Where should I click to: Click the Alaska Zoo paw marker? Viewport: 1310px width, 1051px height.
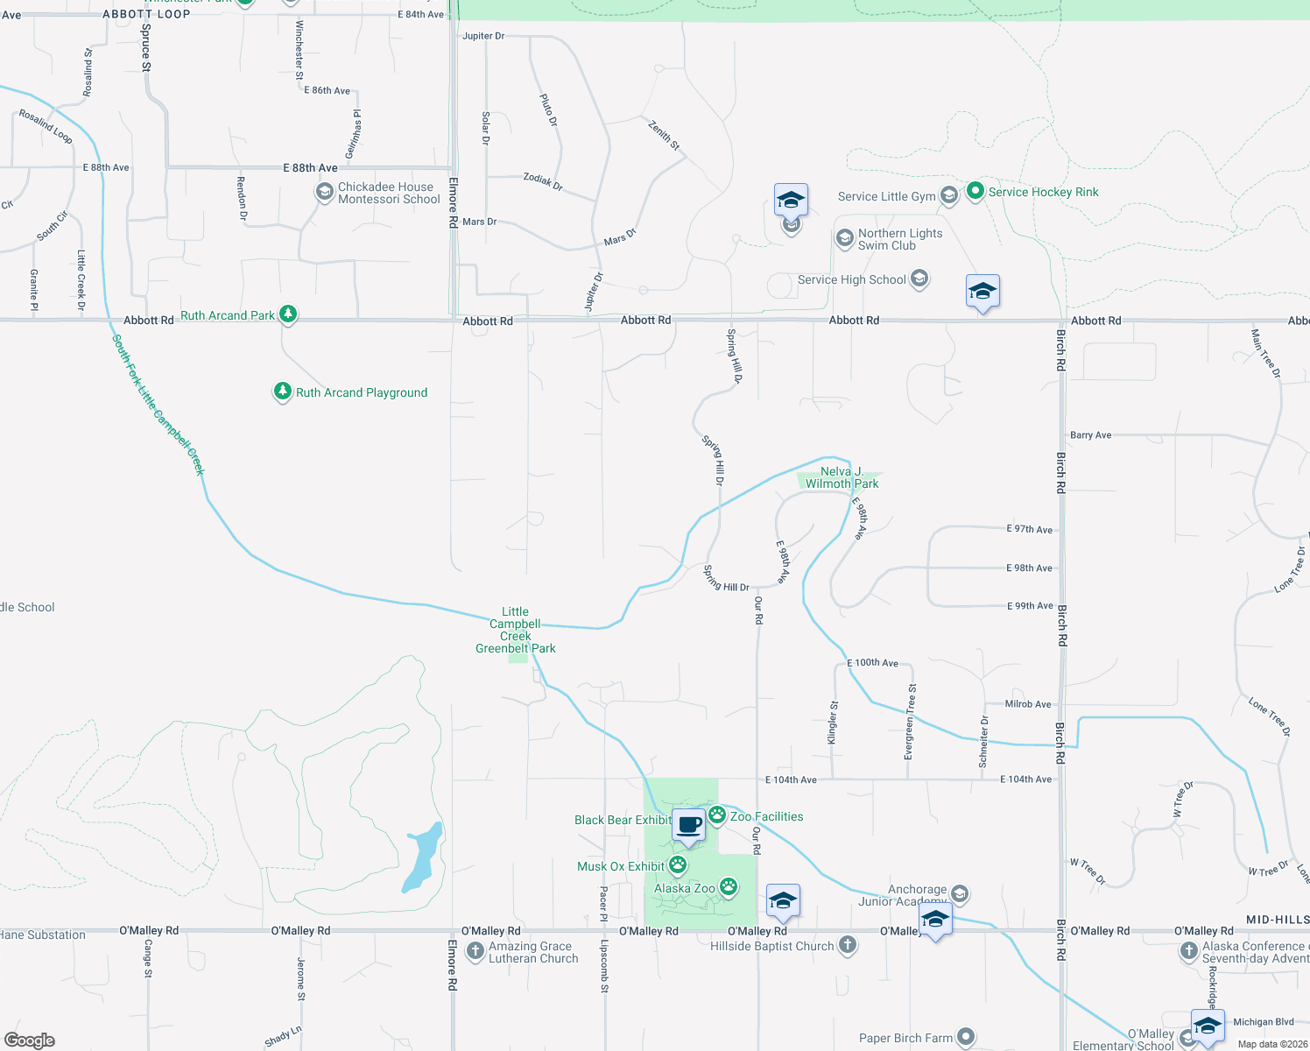pyautogui.click(x=729, y=887)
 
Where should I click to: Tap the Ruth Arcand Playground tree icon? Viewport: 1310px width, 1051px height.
pyautogui.click(x=282, y=391)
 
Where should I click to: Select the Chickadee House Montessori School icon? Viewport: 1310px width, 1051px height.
pyautogui.click(x=325, y=192)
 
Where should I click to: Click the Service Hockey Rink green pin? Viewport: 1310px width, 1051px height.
pyautogui.click(x=975, y=191)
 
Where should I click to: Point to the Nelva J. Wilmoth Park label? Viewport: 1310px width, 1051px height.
pyautogui.click(x=842, y=477)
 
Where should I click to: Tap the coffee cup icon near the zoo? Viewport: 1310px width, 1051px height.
pyautogui.click(x=689, y=825)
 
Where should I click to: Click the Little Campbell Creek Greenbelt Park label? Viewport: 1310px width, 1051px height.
pyautogui.click(x=516, y=630)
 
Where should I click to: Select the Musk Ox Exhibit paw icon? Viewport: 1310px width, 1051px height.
pyautogui.click(x=678, y=865)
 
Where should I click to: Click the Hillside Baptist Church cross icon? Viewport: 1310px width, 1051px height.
pyautogui.click(x=847, y=945)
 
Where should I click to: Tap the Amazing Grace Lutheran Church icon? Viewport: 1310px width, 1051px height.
pyautogui.click(x=475, y=951)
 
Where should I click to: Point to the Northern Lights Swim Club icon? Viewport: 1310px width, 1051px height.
pyautogui.click(x=844, y=238)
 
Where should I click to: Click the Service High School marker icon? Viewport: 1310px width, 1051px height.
pyautogui.click(x=919, y=279)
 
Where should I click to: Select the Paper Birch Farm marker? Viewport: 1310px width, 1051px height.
pyautogui.click(x=965, y=1037)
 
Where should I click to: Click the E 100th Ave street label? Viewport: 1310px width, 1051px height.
pyautogui.click(x=872, y=663)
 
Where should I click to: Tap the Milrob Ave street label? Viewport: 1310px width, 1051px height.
pyautogui.click(x=1028, y=704)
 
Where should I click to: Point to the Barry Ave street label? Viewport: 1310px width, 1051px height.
pyautogui.click(x=1090, y=435)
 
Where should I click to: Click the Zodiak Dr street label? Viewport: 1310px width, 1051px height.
pyautogui.click(x=543, y=181)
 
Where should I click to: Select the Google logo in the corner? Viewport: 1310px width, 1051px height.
pyautogui.click(x=30, y=1040)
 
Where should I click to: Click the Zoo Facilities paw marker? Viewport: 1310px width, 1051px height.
pyautogui.click(x=717, y=815)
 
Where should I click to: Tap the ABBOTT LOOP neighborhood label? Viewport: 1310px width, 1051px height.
pyautogui.click(x=146, y=14)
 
